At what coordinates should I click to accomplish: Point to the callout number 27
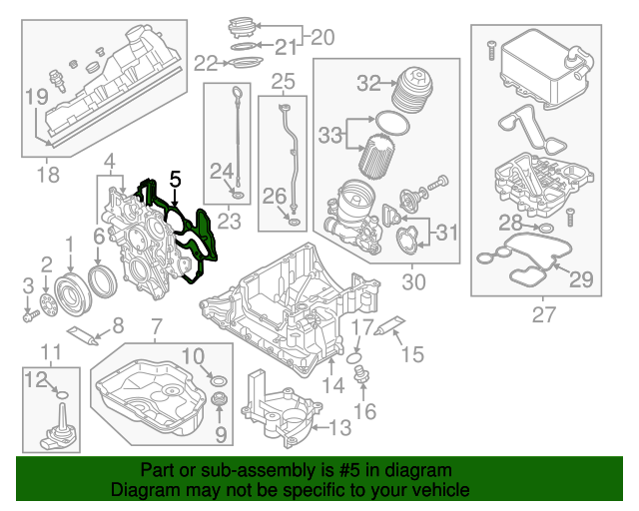(x=543, y=316)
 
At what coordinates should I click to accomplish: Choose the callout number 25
(x=284, y=80)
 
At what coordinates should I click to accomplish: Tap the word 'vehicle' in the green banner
(x=440, y=490)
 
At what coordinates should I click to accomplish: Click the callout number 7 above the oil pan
(x=155, y=326)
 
